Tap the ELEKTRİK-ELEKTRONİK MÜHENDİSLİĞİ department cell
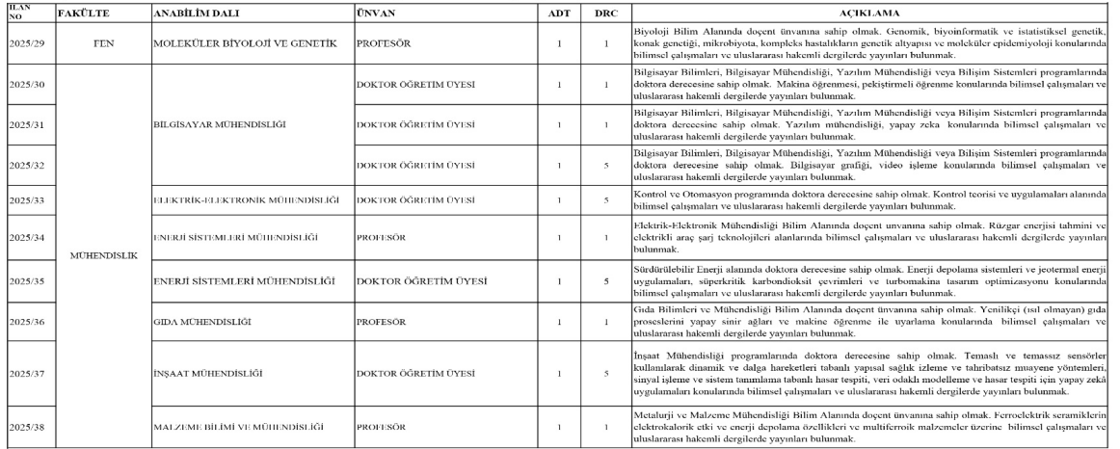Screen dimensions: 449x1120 [x=250, y=200]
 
